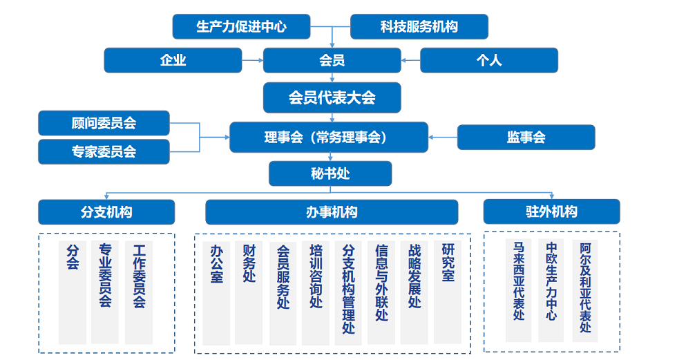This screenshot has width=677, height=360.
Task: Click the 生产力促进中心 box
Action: point(241,26)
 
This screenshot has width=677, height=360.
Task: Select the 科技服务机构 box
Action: point(419,26)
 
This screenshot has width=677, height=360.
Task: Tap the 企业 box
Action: point(173,60)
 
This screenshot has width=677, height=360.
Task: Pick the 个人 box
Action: point(489,60)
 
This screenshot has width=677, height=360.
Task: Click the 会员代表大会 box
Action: point(332,97)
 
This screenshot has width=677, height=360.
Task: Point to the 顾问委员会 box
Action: point(104,123)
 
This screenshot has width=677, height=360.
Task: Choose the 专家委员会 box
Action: point(104,151)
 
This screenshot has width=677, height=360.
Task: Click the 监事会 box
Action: point(526,138)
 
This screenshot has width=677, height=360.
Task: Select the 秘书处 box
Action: point(330,173)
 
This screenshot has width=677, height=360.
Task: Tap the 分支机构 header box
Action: point(106,212)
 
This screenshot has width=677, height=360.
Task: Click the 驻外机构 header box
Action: point(551,211)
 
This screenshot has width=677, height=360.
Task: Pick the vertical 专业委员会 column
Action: point(105,292)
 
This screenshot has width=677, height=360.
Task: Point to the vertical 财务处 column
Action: point(249,293)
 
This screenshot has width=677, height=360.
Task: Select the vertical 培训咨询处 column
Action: point(316,293)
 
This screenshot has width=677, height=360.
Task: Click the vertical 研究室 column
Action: point(448,293)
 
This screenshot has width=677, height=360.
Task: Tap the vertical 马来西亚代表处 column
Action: point(519,290)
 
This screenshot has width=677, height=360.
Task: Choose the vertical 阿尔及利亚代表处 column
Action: point(585,291)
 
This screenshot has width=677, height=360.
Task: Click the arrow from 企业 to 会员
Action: point(253,60)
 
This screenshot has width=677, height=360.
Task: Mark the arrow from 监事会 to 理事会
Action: point(443,138)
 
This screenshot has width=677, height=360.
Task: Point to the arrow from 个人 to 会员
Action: point(410,60)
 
